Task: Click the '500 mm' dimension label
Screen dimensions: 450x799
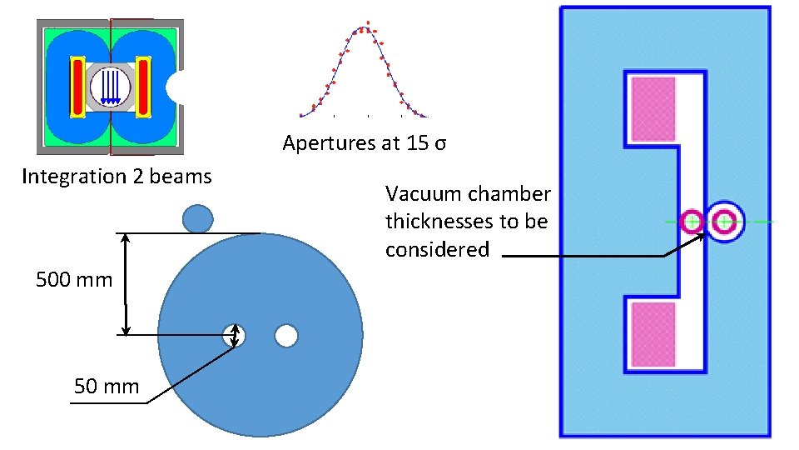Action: pyautogui.click(x=74, y=279)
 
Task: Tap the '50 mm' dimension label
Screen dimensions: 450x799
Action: pyautogui.click(x=107, y=387)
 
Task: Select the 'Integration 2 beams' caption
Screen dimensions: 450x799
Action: pyautogui.click(x=117, y=177)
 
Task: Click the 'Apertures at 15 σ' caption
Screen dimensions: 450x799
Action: pyautogui.click(x=365, y=143)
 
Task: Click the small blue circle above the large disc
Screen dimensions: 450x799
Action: pyautogui.click(x=197, y=218)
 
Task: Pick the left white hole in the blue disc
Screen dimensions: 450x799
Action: pyautogui.click(x=234, y=336)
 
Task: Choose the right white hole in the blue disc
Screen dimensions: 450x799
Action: pyautogui.click(x=286, y=336)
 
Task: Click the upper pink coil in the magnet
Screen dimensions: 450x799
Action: pyautogui.click(x=653, y=109)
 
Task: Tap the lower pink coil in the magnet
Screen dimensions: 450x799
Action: pyautogui.click(x=653, y=334)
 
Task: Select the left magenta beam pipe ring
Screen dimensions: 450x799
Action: pyautogui.click(x=692, y=222)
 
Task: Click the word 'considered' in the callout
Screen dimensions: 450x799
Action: pyautogui.click(x=437, y=249)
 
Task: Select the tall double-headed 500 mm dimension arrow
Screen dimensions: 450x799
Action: pyautogui.click(x=126, y=284)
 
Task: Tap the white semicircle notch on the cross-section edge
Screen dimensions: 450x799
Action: pyautogui.click(x=176, y=87)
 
